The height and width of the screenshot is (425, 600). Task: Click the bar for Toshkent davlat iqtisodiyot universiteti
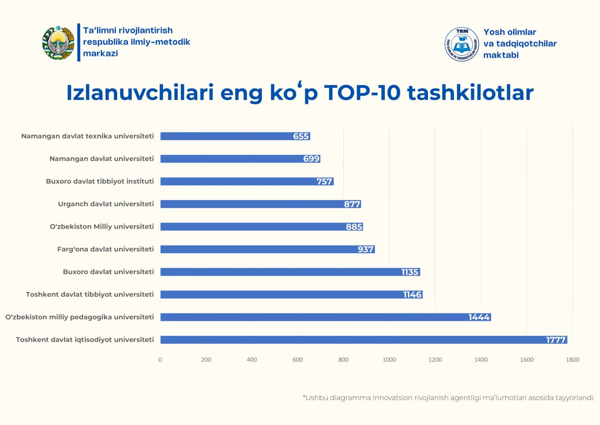[363, 340]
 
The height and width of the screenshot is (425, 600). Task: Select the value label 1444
[479, 317]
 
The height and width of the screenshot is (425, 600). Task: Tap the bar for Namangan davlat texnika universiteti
[234, 136]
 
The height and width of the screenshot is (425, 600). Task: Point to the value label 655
[300, 136]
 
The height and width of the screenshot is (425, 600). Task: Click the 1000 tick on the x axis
[389, 360]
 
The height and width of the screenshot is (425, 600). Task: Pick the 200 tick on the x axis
[206, 360]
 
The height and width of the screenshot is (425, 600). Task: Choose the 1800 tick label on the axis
[572, 360]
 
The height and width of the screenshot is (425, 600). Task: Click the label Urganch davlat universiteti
[105, 204]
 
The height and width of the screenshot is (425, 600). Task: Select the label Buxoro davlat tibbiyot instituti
[99, 181]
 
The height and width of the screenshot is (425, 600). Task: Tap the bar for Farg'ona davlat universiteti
[267, 249]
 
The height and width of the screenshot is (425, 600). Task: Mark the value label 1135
[410, 272]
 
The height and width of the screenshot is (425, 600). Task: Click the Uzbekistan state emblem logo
[58, 43]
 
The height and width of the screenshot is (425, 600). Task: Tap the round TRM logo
[462, 44]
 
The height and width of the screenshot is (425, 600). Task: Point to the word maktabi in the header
[501, 55]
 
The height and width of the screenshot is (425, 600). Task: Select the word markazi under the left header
[100, 53]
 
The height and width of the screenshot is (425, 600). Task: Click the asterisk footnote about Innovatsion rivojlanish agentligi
[449, 397]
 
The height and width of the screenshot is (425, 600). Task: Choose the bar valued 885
[262, 227]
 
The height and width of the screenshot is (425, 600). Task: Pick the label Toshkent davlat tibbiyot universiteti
[90, 294]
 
